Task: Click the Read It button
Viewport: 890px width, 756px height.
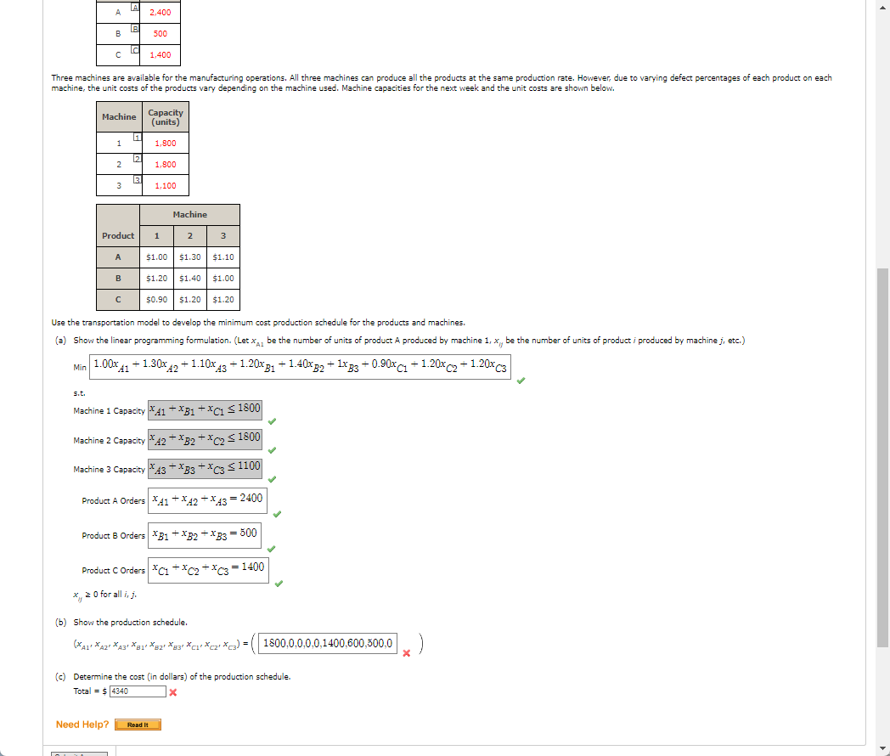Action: tap(138, 725)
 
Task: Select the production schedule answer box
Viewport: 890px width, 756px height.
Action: tap(328, 643)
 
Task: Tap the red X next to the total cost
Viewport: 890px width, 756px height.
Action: tap(172, 692)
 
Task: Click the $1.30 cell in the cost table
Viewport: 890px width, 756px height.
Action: tap(190, 257)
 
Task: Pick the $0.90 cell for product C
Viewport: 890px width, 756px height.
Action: tap(156, 299)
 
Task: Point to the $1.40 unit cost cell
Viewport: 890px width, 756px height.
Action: tap(190, 278)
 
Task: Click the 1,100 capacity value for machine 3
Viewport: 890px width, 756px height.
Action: tap(166, 185)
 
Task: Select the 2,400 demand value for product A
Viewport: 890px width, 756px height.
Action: tap(160, 13)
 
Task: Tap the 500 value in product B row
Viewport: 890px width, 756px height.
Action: tap(160, 34)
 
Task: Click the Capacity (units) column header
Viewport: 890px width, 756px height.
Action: tap(165, 117)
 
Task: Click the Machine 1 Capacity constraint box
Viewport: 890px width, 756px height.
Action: tap(206, 409)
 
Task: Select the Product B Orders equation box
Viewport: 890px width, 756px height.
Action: tap(205, 534)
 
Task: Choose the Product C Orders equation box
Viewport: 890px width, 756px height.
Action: tap(208, 568)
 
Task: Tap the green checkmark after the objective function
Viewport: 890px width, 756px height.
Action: tap(521, 381)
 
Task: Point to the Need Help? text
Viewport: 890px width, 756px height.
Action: tap(82, 725)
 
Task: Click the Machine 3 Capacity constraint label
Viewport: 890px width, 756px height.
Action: tap(109, 470)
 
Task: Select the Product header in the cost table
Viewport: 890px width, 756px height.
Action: tap(118, 235)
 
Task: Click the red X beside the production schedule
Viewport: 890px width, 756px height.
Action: tap(407, 653)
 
